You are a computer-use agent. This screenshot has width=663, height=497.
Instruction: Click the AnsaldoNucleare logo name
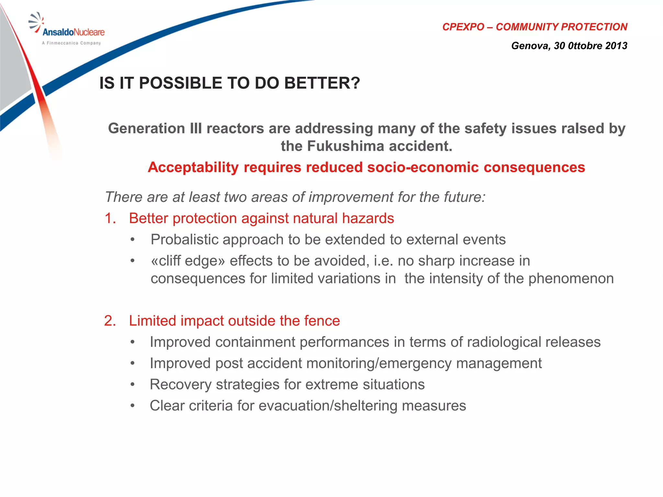point(73,32)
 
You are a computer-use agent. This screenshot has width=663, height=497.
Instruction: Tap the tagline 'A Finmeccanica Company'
point(71,43)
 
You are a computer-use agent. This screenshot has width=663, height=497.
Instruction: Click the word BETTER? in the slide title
point(322,83)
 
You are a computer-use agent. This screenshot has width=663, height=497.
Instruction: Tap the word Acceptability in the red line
point(193,167)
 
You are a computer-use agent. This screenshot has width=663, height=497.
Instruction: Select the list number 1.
point(110,218)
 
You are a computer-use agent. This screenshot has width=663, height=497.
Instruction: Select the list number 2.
point(110,321)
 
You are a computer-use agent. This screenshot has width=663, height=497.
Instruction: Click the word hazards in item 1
point(368,218)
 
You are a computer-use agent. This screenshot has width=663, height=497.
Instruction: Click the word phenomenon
point(571,279)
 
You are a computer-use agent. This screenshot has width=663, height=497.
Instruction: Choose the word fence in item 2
point(324,321)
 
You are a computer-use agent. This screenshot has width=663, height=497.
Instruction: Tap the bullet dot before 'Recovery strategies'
point(132,385)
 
